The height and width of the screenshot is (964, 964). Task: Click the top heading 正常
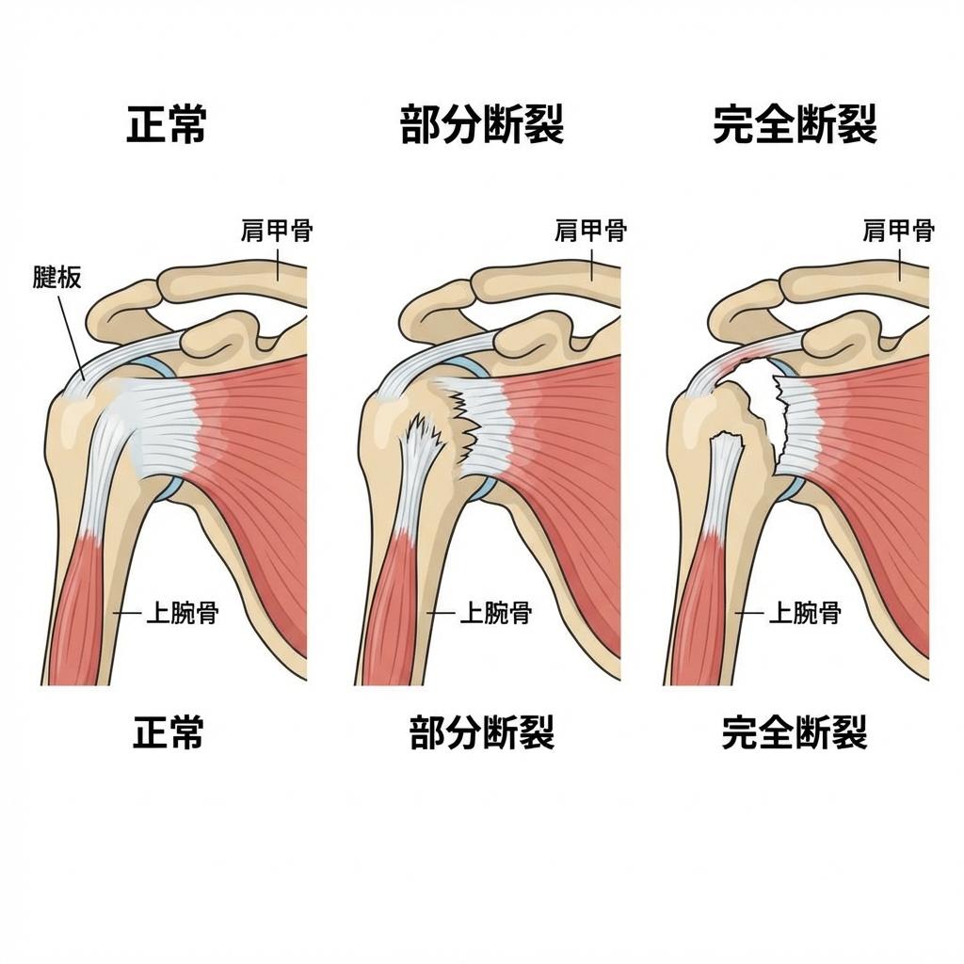pyautogui.click(x=167, y=124)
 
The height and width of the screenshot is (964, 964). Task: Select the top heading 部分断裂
pyautogui.click(x=482, y=124)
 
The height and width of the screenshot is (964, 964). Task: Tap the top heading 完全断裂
pyautogui.click(x=795, y=124)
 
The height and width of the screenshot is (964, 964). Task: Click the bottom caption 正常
pyautogui.click(x=168, y=731)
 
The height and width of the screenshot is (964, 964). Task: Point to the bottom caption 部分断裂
pyautogui.click(x=482, y=731)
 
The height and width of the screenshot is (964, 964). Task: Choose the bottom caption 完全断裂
pyautogui.click(x=795, y=731)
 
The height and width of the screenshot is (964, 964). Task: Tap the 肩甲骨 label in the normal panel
pyautogui.click(x=276, y=230)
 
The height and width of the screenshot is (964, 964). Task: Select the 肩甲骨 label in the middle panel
pyautogui.click(x=590, y=230)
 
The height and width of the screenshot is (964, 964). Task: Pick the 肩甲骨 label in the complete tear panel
pyautogui.click(x=898, y=230)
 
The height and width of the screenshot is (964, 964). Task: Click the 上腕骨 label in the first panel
pyautogui.click(x=182, y=614)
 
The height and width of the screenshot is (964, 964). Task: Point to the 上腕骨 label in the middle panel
pyautogui.click(x=495, y=614)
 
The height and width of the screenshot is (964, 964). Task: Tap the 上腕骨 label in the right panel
pyautogui.click(x=805, y=614)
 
